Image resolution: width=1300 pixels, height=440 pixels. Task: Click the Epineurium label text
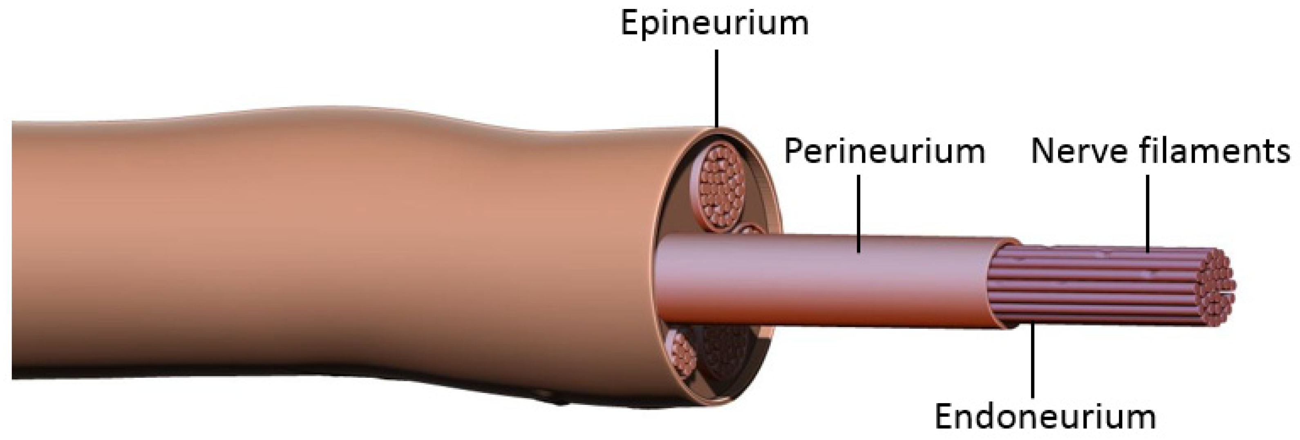[x=714, y=23]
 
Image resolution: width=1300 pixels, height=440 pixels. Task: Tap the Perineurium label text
[x=884, y=152]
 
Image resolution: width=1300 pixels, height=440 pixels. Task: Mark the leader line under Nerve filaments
[x=1148, y=212]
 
